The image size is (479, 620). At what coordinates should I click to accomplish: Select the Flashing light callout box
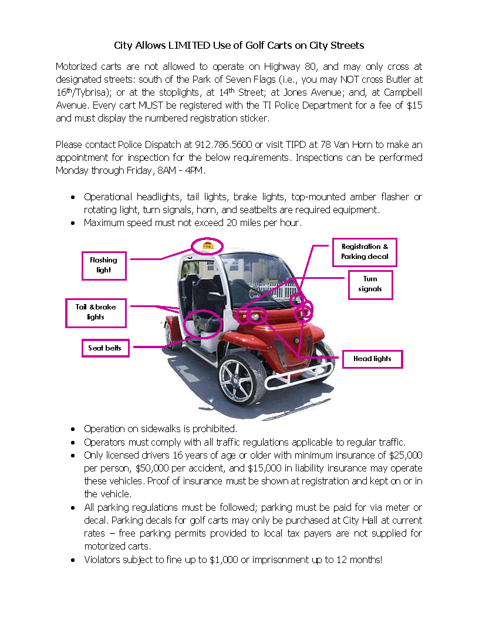click(104, 265)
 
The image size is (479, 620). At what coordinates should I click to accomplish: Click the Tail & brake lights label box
click(96, 312)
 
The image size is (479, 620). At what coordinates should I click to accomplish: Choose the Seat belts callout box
click(105, 348)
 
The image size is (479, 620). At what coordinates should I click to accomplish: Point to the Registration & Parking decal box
click(365, 251)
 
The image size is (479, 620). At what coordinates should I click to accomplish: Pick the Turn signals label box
click(370, 284)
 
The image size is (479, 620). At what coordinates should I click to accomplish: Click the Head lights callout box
click(372, 359)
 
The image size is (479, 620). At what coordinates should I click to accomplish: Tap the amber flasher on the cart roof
click(207, 244)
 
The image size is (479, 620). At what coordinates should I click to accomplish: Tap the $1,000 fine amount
click(223, 560)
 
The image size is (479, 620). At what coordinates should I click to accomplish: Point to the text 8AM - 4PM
click(183, 170)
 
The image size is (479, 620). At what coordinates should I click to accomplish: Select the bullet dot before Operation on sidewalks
click(72, 429)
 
